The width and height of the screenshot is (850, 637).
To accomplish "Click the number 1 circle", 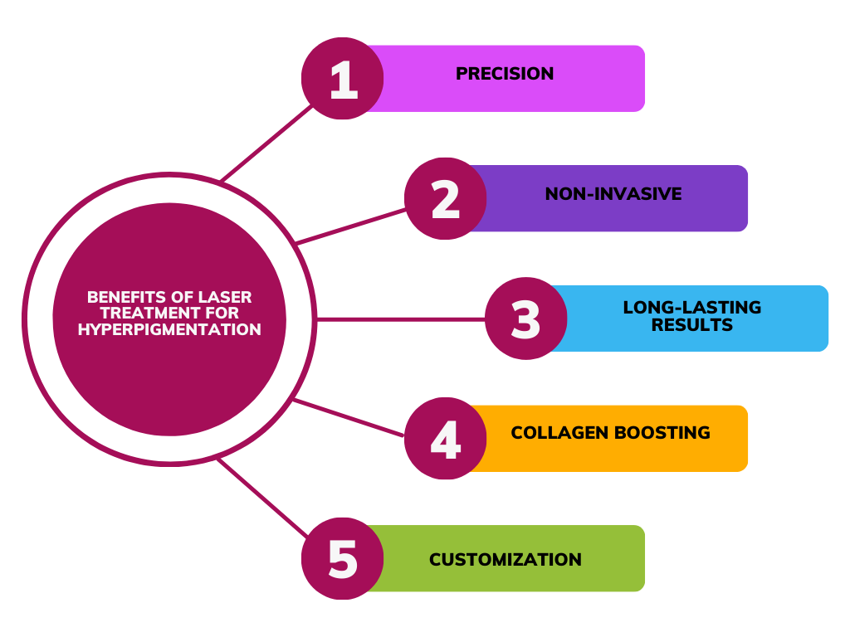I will (342, 79).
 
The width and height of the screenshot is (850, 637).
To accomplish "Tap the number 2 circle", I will (446, 198).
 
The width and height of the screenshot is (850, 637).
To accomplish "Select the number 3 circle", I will (525, 318).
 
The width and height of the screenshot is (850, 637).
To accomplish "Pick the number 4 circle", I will (446, 438).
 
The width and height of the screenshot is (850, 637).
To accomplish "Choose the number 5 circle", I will (342, 558).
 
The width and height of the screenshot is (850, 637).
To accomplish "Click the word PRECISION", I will (505, 74).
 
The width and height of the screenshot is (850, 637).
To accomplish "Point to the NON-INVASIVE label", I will (613, 194).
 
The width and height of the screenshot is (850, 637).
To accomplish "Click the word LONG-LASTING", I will (692, 308).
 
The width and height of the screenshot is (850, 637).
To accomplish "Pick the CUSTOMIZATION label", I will (505, 560).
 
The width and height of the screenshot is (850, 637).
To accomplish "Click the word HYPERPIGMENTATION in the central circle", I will (169, 330).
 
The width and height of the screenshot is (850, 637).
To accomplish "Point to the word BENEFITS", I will (121, 297).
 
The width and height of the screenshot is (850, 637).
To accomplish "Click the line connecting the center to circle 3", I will (398, 318).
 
